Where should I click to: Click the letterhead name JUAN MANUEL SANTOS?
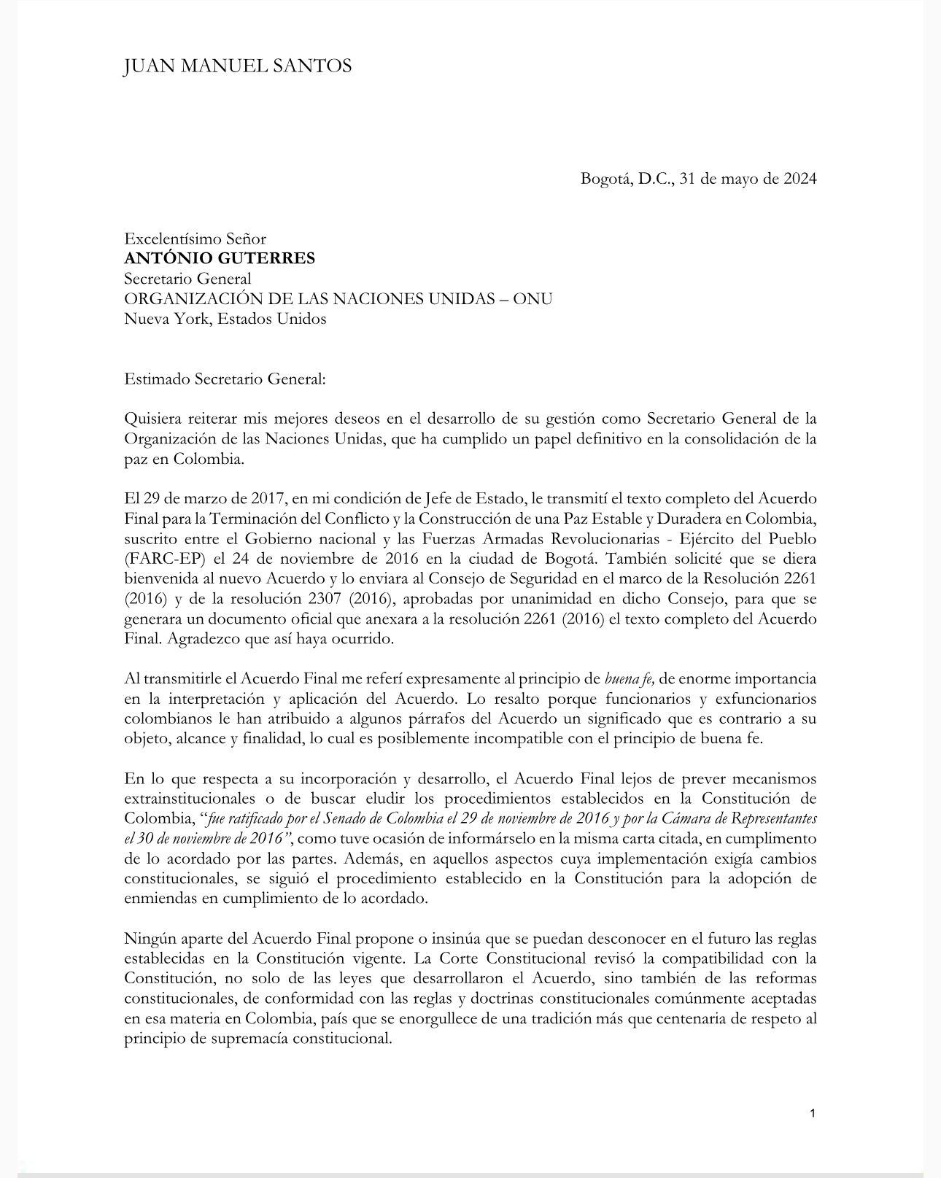(x=238, y=66)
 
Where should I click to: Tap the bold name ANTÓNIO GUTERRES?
(x=220, y=258)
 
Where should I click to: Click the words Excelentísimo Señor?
(x=195, y=239)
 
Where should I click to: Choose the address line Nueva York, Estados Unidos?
(x=225, y=319)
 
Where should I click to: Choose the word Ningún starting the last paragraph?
(x=150, y=938)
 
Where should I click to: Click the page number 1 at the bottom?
(x=813, y=1113)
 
